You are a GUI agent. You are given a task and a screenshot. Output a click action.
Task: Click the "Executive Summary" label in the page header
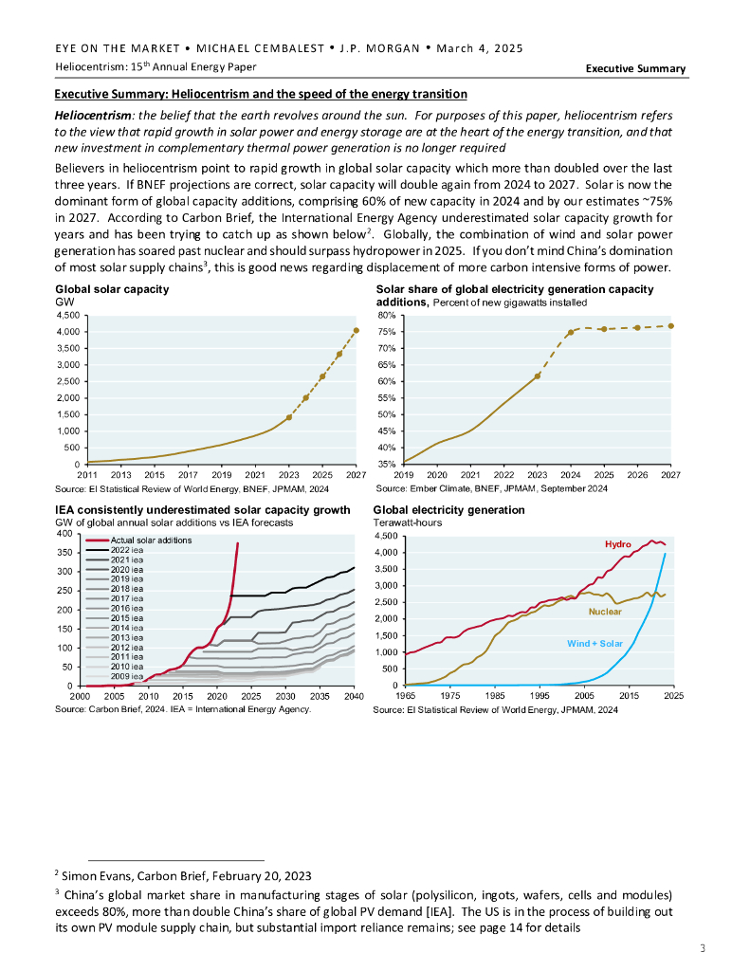[635, 68]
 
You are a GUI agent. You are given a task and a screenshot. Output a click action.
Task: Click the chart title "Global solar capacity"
[112, 288]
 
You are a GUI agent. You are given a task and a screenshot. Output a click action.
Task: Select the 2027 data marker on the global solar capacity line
[356, 331]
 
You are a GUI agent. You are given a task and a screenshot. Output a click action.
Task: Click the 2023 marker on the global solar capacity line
[289, 416]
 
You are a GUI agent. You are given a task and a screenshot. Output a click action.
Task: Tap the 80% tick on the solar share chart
[387, 315]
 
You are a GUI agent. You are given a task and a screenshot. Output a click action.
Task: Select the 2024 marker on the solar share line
[571, 333]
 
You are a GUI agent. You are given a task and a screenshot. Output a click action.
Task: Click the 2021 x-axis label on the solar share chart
[470, 473]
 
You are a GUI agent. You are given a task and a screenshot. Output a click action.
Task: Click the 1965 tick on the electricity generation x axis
[405, 696]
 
